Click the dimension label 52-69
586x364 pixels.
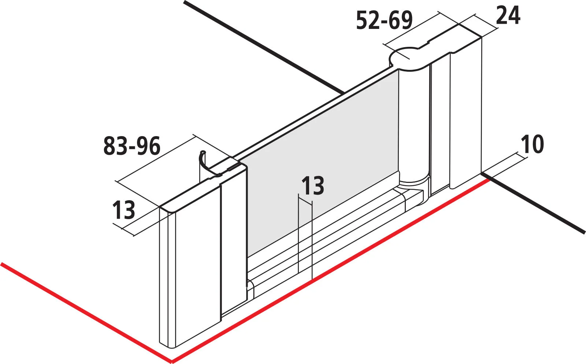(384, 20)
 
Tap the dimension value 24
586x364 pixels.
(508, 16)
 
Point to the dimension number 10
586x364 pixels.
(533, 144)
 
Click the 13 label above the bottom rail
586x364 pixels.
(313, 186)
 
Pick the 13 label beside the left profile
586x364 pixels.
(124, 210)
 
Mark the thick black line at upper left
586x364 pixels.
(264, 47)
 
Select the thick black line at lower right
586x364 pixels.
(533, 203)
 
